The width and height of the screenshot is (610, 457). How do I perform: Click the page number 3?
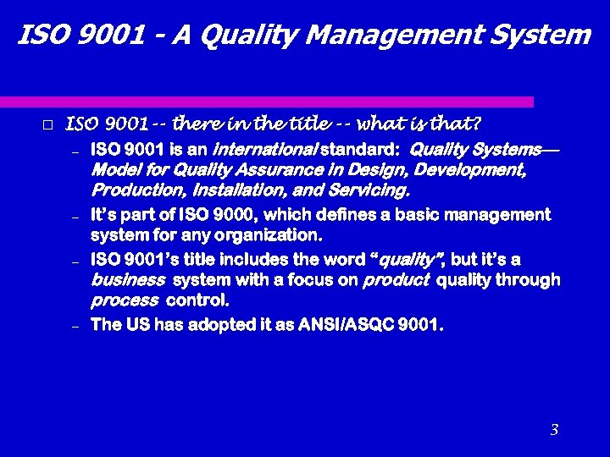tap(554, 430)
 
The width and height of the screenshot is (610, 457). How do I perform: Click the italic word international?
tap(263, 151)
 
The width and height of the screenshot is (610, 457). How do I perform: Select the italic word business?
tap(129, 280)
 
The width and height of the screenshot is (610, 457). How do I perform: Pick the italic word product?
tap(396, 280)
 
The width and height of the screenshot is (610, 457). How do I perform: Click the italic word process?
tap(125, 300)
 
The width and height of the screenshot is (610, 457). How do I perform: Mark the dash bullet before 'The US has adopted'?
tap(75, 326)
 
